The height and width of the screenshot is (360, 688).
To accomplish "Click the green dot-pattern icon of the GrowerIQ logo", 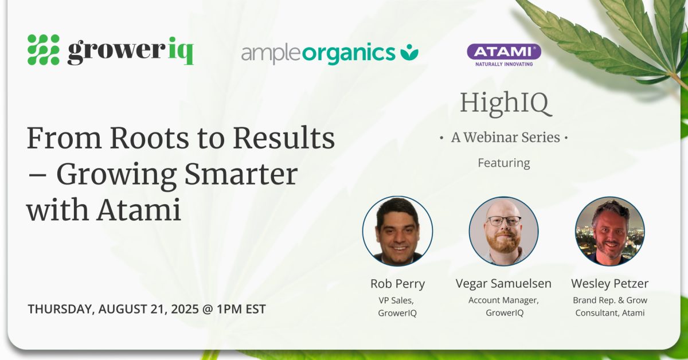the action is point(44,50).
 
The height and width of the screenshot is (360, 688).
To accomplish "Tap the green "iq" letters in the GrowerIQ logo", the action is point(181,50).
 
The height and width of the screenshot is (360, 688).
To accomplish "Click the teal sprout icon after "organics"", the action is point(409,52).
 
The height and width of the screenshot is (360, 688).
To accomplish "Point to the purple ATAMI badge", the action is point(504,52).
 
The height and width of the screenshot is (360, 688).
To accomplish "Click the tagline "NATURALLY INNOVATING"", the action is point(504,64).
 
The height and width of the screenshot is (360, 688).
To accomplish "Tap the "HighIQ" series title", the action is point(506,103).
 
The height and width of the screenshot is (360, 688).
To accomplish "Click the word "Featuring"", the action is point(504,163).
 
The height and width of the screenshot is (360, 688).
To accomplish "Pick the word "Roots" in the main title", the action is point(149,138).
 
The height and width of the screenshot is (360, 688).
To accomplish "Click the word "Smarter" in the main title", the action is point(241,174).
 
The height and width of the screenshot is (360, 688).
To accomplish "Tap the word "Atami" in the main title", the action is point(139,210).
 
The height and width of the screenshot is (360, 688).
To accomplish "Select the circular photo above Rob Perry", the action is point(397,231).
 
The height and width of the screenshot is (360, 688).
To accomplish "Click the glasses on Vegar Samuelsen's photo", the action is point(504,221).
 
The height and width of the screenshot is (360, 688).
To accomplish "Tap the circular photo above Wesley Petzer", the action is point(609,231).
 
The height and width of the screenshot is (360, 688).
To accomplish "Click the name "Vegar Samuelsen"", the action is point(503,283).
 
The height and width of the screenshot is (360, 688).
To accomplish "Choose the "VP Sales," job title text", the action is point(396,300).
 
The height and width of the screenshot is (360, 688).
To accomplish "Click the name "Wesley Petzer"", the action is point(609,283).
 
